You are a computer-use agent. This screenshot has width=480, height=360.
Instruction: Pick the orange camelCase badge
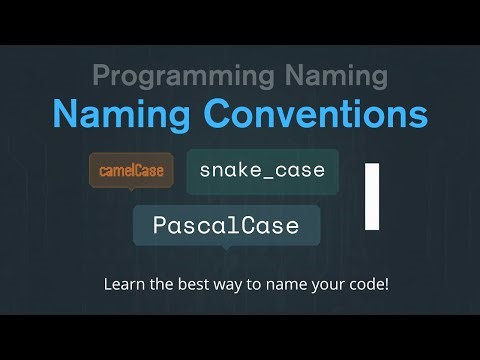pyautogui.click(x=131, y=170)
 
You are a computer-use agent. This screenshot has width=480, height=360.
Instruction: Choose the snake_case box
pyautogui.click(x=262, y=170)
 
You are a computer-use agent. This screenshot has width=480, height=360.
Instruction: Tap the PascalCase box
pyautogui.click(x=226, y=225)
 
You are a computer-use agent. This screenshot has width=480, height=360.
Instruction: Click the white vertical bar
pyautogui.click(x=373, y=196)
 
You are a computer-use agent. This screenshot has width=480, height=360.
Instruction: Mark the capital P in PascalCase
pyautogui.click(x=159, y=225)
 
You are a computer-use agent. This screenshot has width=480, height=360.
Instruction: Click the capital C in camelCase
pyautogui.click(x=140, y=170)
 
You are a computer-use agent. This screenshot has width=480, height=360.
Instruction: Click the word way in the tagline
pyautogui.click(x=227, y=284)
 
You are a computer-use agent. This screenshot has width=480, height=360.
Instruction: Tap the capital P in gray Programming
pyautogui.click(x=100, y=74)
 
